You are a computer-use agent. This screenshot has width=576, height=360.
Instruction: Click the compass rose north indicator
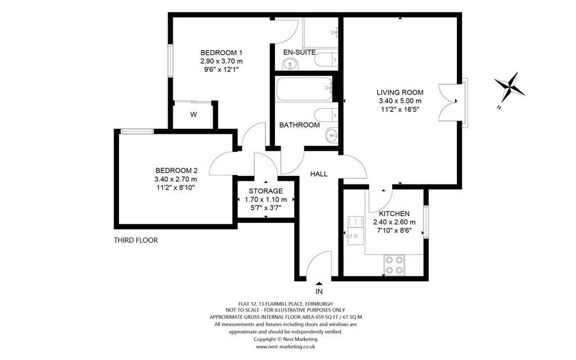click(509, 87)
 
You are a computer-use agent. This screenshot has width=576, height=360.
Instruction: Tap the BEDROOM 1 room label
click(221, 52)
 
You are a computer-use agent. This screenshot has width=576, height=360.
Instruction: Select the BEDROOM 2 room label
click(176, 170)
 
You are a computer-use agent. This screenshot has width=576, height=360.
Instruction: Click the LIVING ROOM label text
click(400, 93)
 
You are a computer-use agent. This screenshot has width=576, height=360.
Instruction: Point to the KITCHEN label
click(394, 213)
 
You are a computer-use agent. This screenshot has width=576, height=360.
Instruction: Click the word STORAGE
click(265, 191)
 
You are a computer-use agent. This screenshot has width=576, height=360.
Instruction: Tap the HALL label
click(319, 174)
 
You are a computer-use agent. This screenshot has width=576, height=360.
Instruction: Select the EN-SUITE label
click(299, 52)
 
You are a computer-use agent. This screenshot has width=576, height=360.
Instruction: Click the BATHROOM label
click(299, 125)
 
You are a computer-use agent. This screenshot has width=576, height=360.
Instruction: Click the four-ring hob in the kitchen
click(394, 265)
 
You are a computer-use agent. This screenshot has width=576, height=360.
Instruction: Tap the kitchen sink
click(355, 230)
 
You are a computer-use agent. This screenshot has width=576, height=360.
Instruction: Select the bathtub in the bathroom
click(304, 88)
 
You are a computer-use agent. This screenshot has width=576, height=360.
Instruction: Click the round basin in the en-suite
click(291, 65)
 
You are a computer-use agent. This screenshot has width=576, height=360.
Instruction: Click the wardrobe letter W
click(193, 115)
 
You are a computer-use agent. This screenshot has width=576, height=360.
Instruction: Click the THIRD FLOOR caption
click(136, 240)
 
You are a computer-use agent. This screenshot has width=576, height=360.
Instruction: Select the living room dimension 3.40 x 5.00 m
click(400, 101)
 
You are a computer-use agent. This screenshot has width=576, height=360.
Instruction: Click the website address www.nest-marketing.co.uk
click(285, 346)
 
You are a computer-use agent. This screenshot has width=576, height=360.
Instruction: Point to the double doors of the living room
click(448, 102)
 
